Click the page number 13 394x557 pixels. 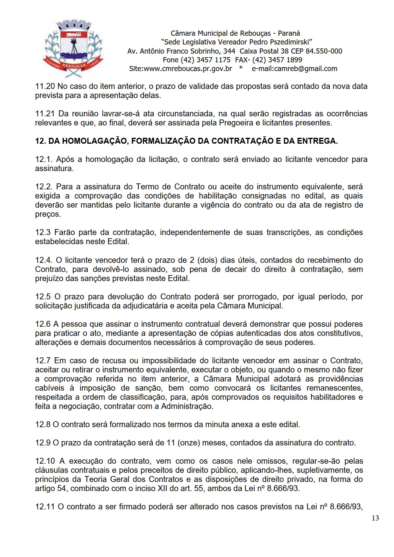click(375, 518)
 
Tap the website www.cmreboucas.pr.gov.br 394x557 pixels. click(188, 69)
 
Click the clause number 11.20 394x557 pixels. click(45, 86)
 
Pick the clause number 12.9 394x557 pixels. click(43, 443)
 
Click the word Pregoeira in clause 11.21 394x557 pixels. click(236, 123)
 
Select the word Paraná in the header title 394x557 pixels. click(289, 33)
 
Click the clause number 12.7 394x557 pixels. click(43, 360)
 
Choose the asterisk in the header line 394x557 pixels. click(241, 68)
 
